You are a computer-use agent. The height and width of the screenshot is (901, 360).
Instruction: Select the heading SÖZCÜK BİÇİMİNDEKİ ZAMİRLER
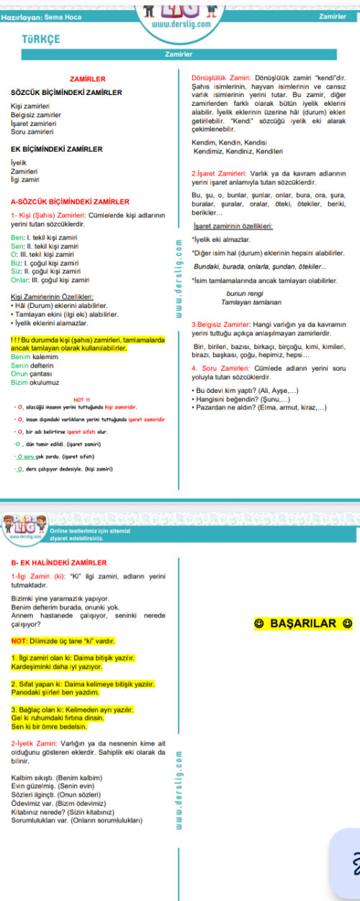(x=66, y=93)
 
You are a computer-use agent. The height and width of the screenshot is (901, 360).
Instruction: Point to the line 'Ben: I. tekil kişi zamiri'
(x=44, y=237)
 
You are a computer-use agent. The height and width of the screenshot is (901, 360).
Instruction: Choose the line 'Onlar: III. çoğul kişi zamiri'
(x=50, y=279)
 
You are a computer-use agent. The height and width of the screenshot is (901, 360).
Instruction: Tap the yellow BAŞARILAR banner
(x=302, y=623)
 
